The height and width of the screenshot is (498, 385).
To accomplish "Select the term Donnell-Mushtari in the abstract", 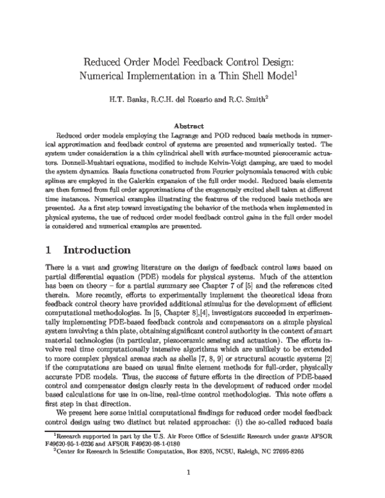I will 78,163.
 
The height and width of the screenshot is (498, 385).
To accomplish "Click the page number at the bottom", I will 191,474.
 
